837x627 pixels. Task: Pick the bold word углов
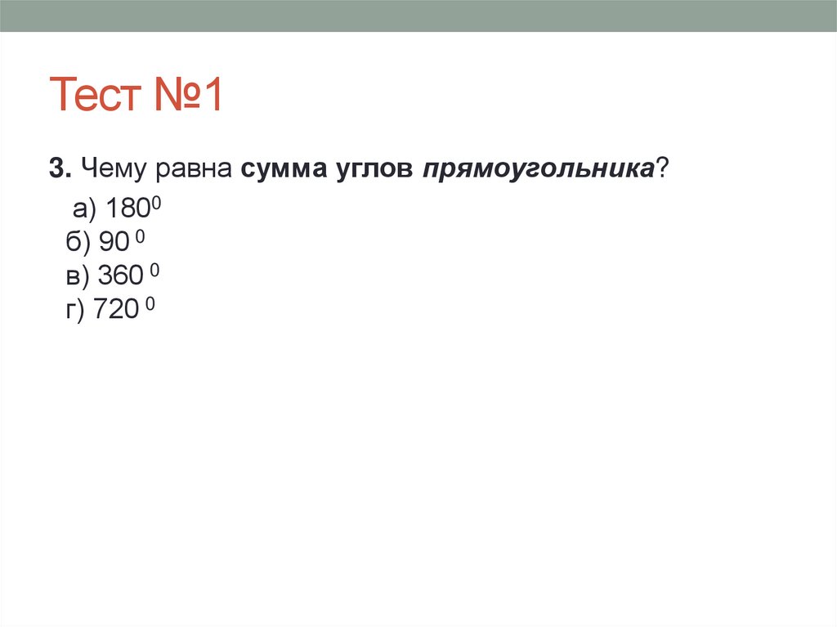pyautogui.click(x=373, y=168)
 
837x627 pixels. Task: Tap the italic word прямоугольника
pyautogui.click(x=538, y=169)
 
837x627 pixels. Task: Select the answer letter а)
pyautogui.click(x=85, y=210)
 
